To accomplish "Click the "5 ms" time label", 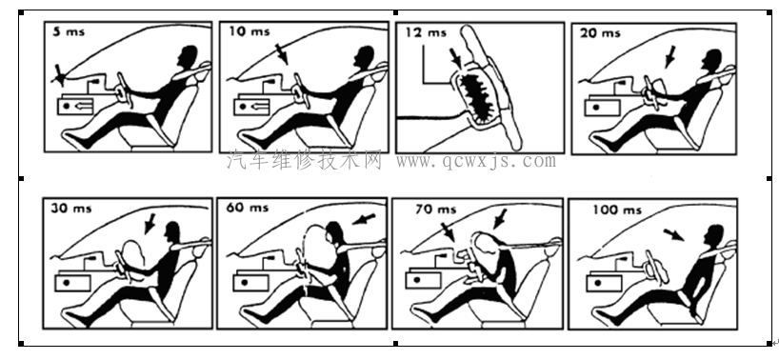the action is pyautogui.click(x=70, y=31).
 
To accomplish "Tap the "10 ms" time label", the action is pyautogui.click(x=250, y=31).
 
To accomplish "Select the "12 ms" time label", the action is pyautogui.click(x=426, y=32).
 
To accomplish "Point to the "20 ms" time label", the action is pyautogui.click(x=600, y=32).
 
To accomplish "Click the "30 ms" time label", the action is pyautogui.click(x=71, y=208).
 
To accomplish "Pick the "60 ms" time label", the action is pyautogui.click(x=248, y=207).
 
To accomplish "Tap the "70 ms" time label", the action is pyautogui.click(x=436, y=210).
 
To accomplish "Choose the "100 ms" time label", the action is pyautogui.click(x=616, y=210).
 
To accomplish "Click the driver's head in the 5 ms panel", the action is pyautogui.click(x=188, y=56).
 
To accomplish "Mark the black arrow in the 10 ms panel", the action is pyautogui.click(x=282, y=54).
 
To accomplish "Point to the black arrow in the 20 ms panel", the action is pyautogui.click(x=670, y=56).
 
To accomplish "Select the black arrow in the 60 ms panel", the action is pyautogui.click(x=364, y=218).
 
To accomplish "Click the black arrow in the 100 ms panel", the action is pyautogui.click(x=673, y=235).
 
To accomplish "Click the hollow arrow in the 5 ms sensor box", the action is pyautogui.click(x=84, y=106).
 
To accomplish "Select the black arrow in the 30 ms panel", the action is pyautogui.click(x=150, y=224).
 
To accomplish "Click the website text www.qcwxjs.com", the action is pyautogui.click(x=476, y=161).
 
